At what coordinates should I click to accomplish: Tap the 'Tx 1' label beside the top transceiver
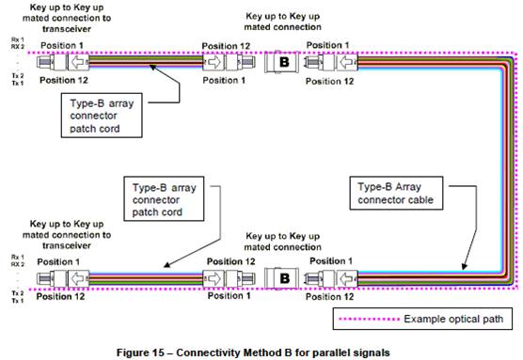(15, 84)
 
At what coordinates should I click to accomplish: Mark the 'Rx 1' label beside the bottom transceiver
(15, 257)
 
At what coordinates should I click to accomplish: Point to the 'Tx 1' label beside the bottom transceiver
(15, 297)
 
